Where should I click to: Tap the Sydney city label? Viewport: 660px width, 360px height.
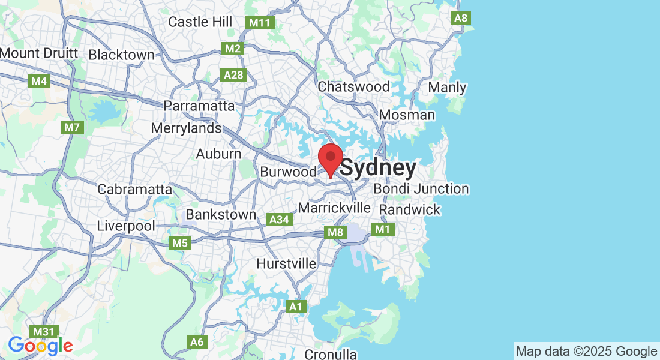click(x=378, y=169)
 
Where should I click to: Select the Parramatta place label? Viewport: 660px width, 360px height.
click(x=200, y=106)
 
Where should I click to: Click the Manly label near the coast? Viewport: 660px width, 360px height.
click(x=447, y=88)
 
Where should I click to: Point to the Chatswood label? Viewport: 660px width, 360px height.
click(x=353, y=86)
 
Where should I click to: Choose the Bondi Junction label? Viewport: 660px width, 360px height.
click(x=421, y=189)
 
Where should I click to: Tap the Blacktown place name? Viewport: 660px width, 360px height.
click(x=121, y=55)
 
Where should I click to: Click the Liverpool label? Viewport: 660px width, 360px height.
click(x=126, y=226)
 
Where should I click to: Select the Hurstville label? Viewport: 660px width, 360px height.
click(x=286, y=263)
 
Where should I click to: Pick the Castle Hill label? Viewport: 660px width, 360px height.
click(x=200, y=22)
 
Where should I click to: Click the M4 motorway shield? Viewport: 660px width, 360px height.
click(x=39, y=80)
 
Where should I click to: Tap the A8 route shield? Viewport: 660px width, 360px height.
click(x=461, y=18)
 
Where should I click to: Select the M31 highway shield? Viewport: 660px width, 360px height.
click(x=44, y=331)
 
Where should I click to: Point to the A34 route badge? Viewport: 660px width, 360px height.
click(x=280, y=220)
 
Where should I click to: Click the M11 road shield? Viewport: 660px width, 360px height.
click(x=260, y=23)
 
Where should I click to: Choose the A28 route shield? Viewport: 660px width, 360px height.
click(x=233, y=74)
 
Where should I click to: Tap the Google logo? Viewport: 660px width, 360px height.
click(x=40, y=346)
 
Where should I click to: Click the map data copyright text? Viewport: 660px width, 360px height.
click(x=586, y=352)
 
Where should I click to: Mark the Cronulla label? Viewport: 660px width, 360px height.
click(x=331, y=354)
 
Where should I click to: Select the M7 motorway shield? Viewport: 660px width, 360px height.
click(x=71, y=127)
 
